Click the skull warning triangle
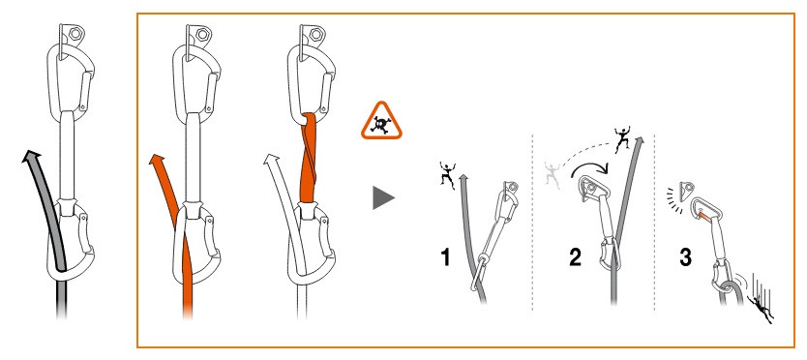pyautogui.click(x=381, y=123)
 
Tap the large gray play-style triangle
pyautogui.click(x=382, y=197)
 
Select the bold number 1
pyautogui.click(x=446, y=257)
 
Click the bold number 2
pyautogui.click(x=575, y=257)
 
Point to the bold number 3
pyautogui.click(x=685, y=257)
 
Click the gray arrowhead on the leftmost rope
pyautogui.click(x=31, y=156)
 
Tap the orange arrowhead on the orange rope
pyautogui.click(x=158, y=158)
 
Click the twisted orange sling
pyautogui.click(x=308, y=158)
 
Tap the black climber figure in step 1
pyautogui.click(x=447, y=174)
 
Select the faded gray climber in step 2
pyautogui.click(x=552, y=174)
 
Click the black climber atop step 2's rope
pyautogui.click(x=622, y=138)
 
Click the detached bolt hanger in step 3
pyautogui.click(x=686, y=191)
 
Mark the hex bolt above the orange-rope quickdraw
pyautogui.click(x=201, y=34)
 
